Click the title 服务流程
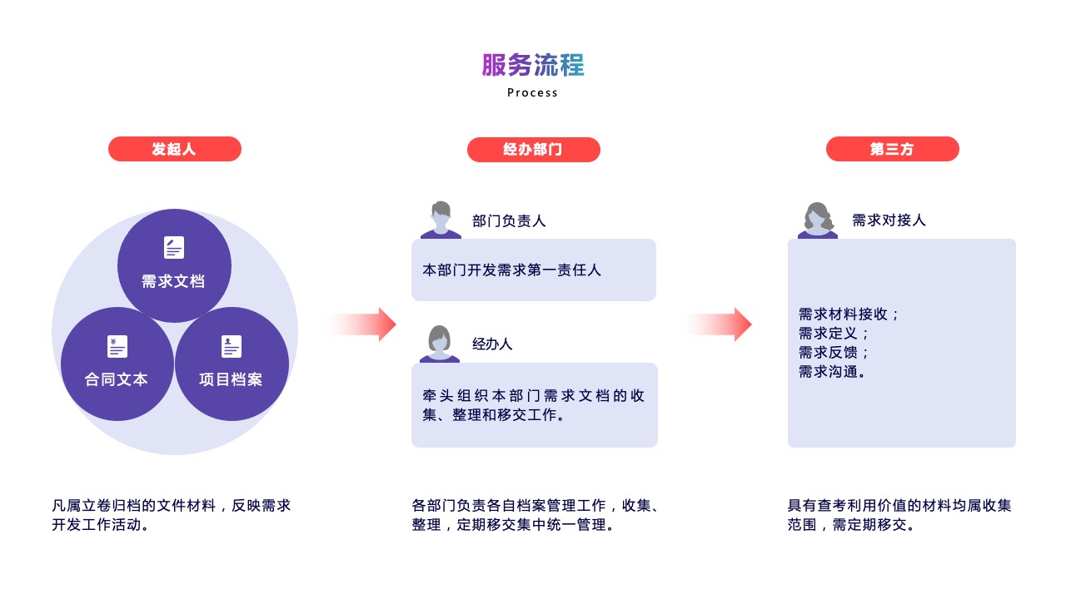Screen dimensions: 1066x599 (x=533, y=65)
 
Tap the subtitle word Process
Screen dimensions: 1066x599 (x=532, y=92)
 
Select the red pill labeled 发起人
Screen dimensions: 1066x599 (x=175, y=149)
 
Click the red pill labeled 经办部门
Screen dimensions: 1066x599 (x=534, y=150)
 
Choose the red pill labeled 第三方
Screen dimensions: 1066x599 (x=892, y=149)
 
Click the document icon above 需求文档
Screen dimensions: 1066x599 (x=174, y=247)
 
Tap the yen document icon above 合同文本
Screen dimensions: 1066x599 (x=117, y=346)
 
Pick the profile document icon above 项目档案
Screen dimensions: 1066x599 (x=232, y=346)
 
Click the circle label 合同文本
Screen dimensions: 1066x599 (x=116, y=379)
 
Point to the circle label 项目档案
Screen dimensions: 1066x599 (x=231, y=379)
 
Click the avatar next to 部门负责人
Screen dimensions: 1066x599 (x=441, y=220)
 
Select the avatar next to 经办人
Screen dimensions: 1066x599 (x=439, y=344)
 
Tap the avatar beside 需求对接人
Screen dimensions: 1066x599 (x=818, y=220)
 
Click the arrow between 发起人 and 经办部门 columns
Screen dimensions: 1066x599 (x=362, y=324)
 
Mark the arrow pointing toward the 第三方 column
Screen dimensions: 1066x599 (x=719, y=324)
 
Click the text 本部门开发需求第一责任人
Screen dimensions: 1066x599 (x=511, y=270)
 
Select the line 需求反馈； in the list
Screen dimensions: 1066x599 (x=834, y=352)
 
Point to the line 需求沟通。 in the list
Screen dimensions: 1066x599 (x=832, y=371)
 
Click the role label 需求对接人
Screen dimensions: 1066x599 (x=889, y=220)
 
